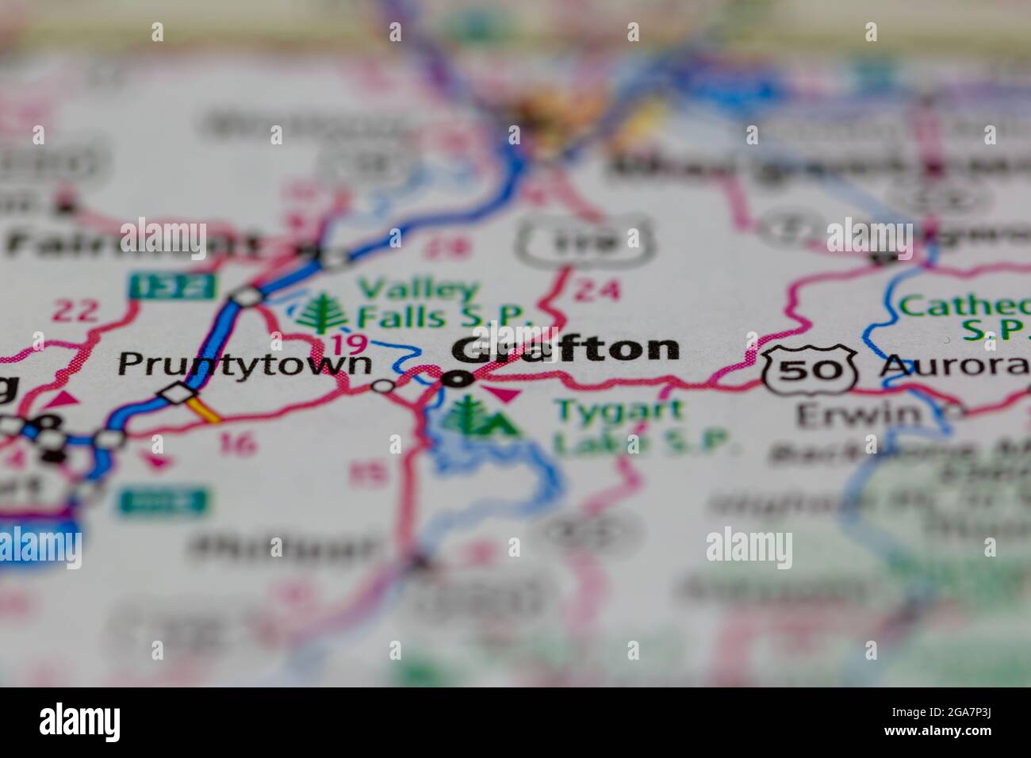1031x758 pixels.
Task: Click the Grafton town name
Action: coord(566,350)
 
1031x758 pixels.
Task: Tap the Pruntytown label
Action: coord(244,364)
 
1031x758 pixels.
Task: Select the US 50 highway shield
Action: coord(811,370)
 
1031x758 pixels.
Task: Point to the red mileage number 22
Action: coord(75,311)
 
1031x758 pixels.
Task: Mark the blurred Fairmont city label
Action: coord(131,243)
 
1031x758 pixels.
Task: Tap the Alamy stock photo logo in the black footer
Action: coord(79,722)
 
